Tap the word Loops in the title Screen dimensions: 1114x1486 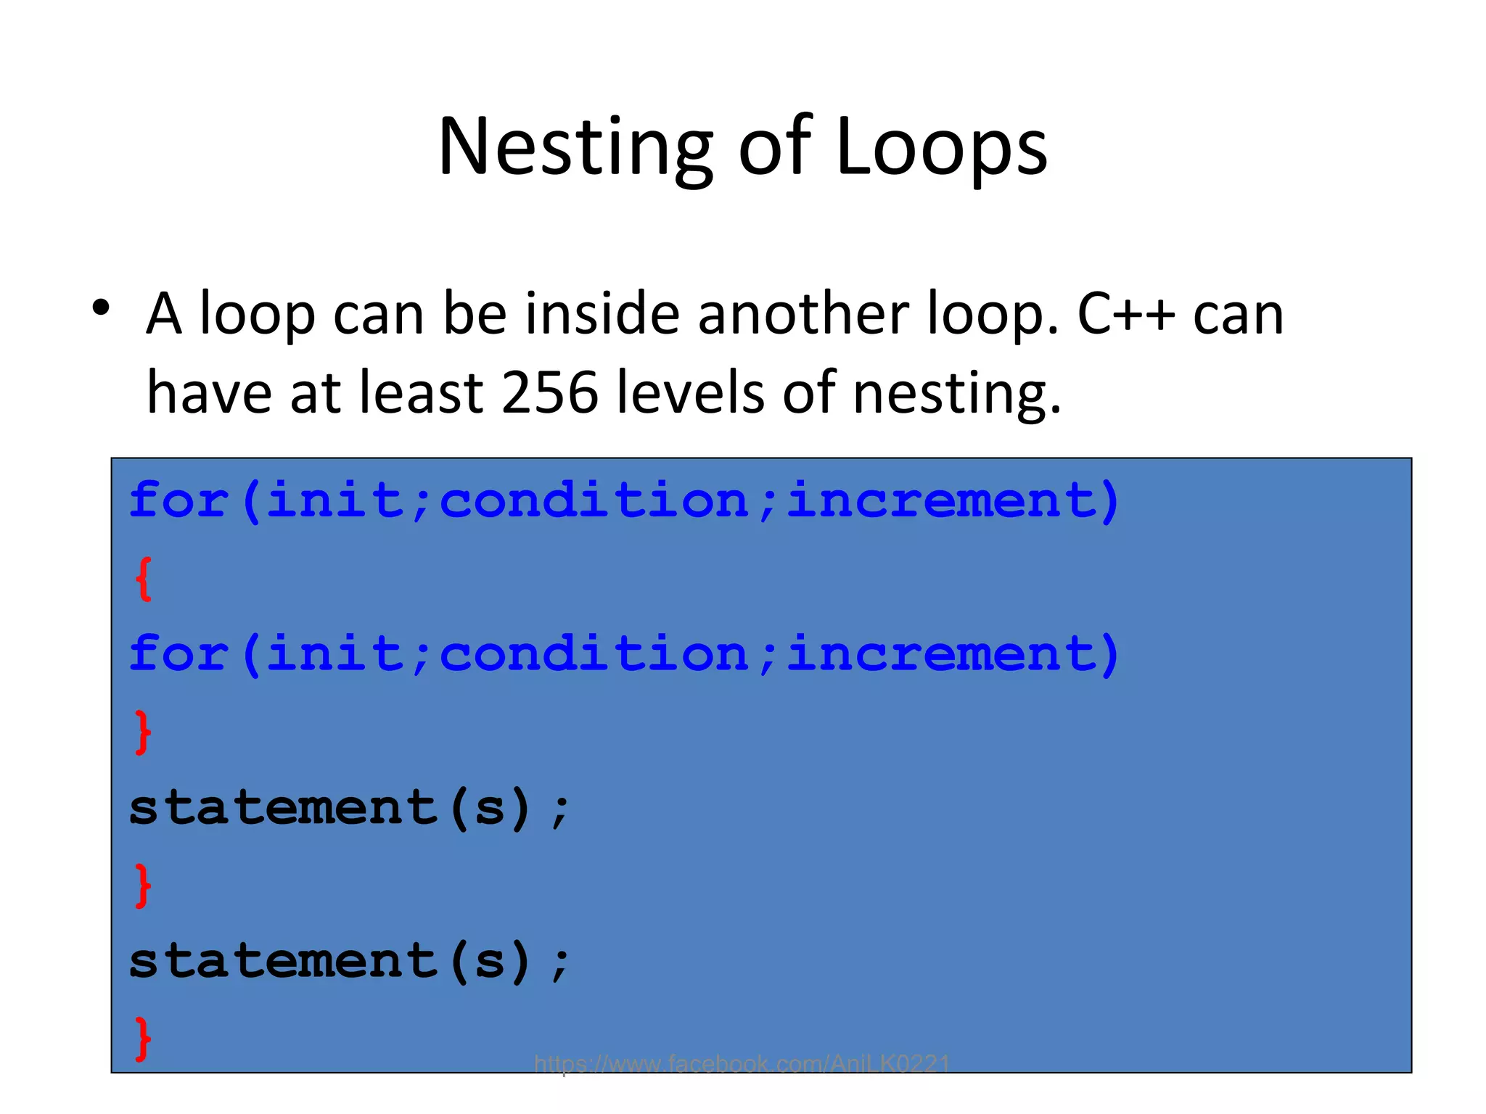941,148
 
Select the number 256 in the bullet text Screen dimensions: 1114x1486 549,392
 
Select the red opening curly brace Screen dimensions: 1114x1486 144,579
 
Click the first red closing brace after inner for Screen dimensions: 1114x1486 144,732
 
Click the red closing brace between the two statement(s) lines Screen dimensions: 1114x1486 144,885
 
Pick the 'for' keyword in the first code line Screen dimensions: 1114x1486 178,500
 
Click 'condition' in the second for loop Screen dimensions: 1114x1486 594,654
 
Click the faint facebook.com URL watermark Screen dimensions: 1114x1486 742,1064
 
